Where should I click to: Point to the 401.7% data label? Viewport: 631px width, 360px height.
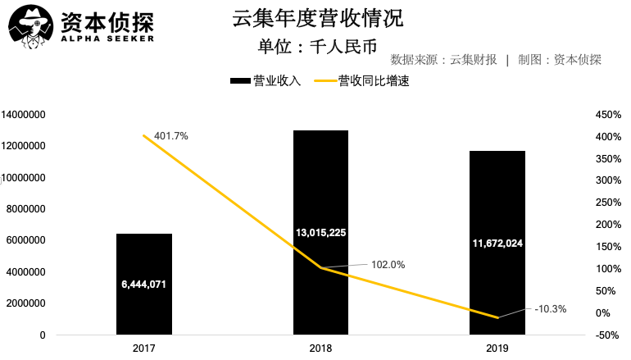171,135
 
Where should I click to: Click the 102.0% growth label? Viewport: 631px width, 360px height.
388,264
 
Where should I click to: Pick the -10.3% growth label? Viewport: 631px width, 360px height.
550,309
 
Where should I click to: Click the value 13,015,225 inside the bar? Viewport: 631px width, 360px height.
320,233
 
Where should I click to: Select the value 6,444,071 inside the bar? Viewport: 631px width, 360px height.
144,285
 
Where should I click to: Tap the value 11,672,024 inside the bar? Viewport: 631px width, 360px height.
497,244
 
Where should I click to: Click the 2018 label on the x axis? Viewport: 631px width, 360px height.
320,349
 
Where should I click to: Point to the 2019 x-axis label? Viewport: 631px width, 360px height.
497,349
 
